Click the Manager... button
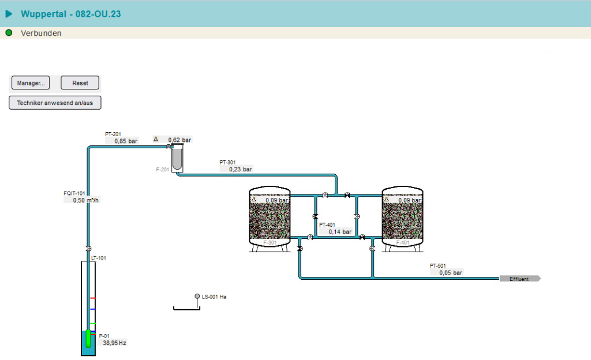(x=31, y=83)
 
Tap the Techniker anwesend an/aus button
(x=55, y=103)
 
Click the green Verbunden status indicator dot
(x=9, y=33)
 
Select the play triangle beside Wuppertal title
(x=9, y=14)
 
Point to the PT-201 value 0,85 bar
(x=126, y=141)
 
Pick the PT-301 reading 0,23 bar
(x=240, y=170)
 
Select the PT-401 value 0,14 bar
(x=340, y=232)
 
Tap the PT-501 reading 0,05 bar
(x=451, y=273)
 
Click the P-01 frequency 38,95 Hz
(x=114, y=343)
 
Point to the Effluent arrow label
(x=519, y=279)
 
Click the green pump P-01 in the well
(x=88, y=337)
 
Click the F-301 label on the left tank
(x=270, y=243)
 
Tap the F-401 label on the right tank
(x=402, y=243)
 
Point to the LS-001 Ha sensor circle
(x=197, y=297)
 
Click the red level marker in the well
(x=92, y=298)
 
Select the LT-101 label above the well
(x=99, y=258)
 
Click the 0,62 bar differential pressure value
(x=179, y=140)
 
